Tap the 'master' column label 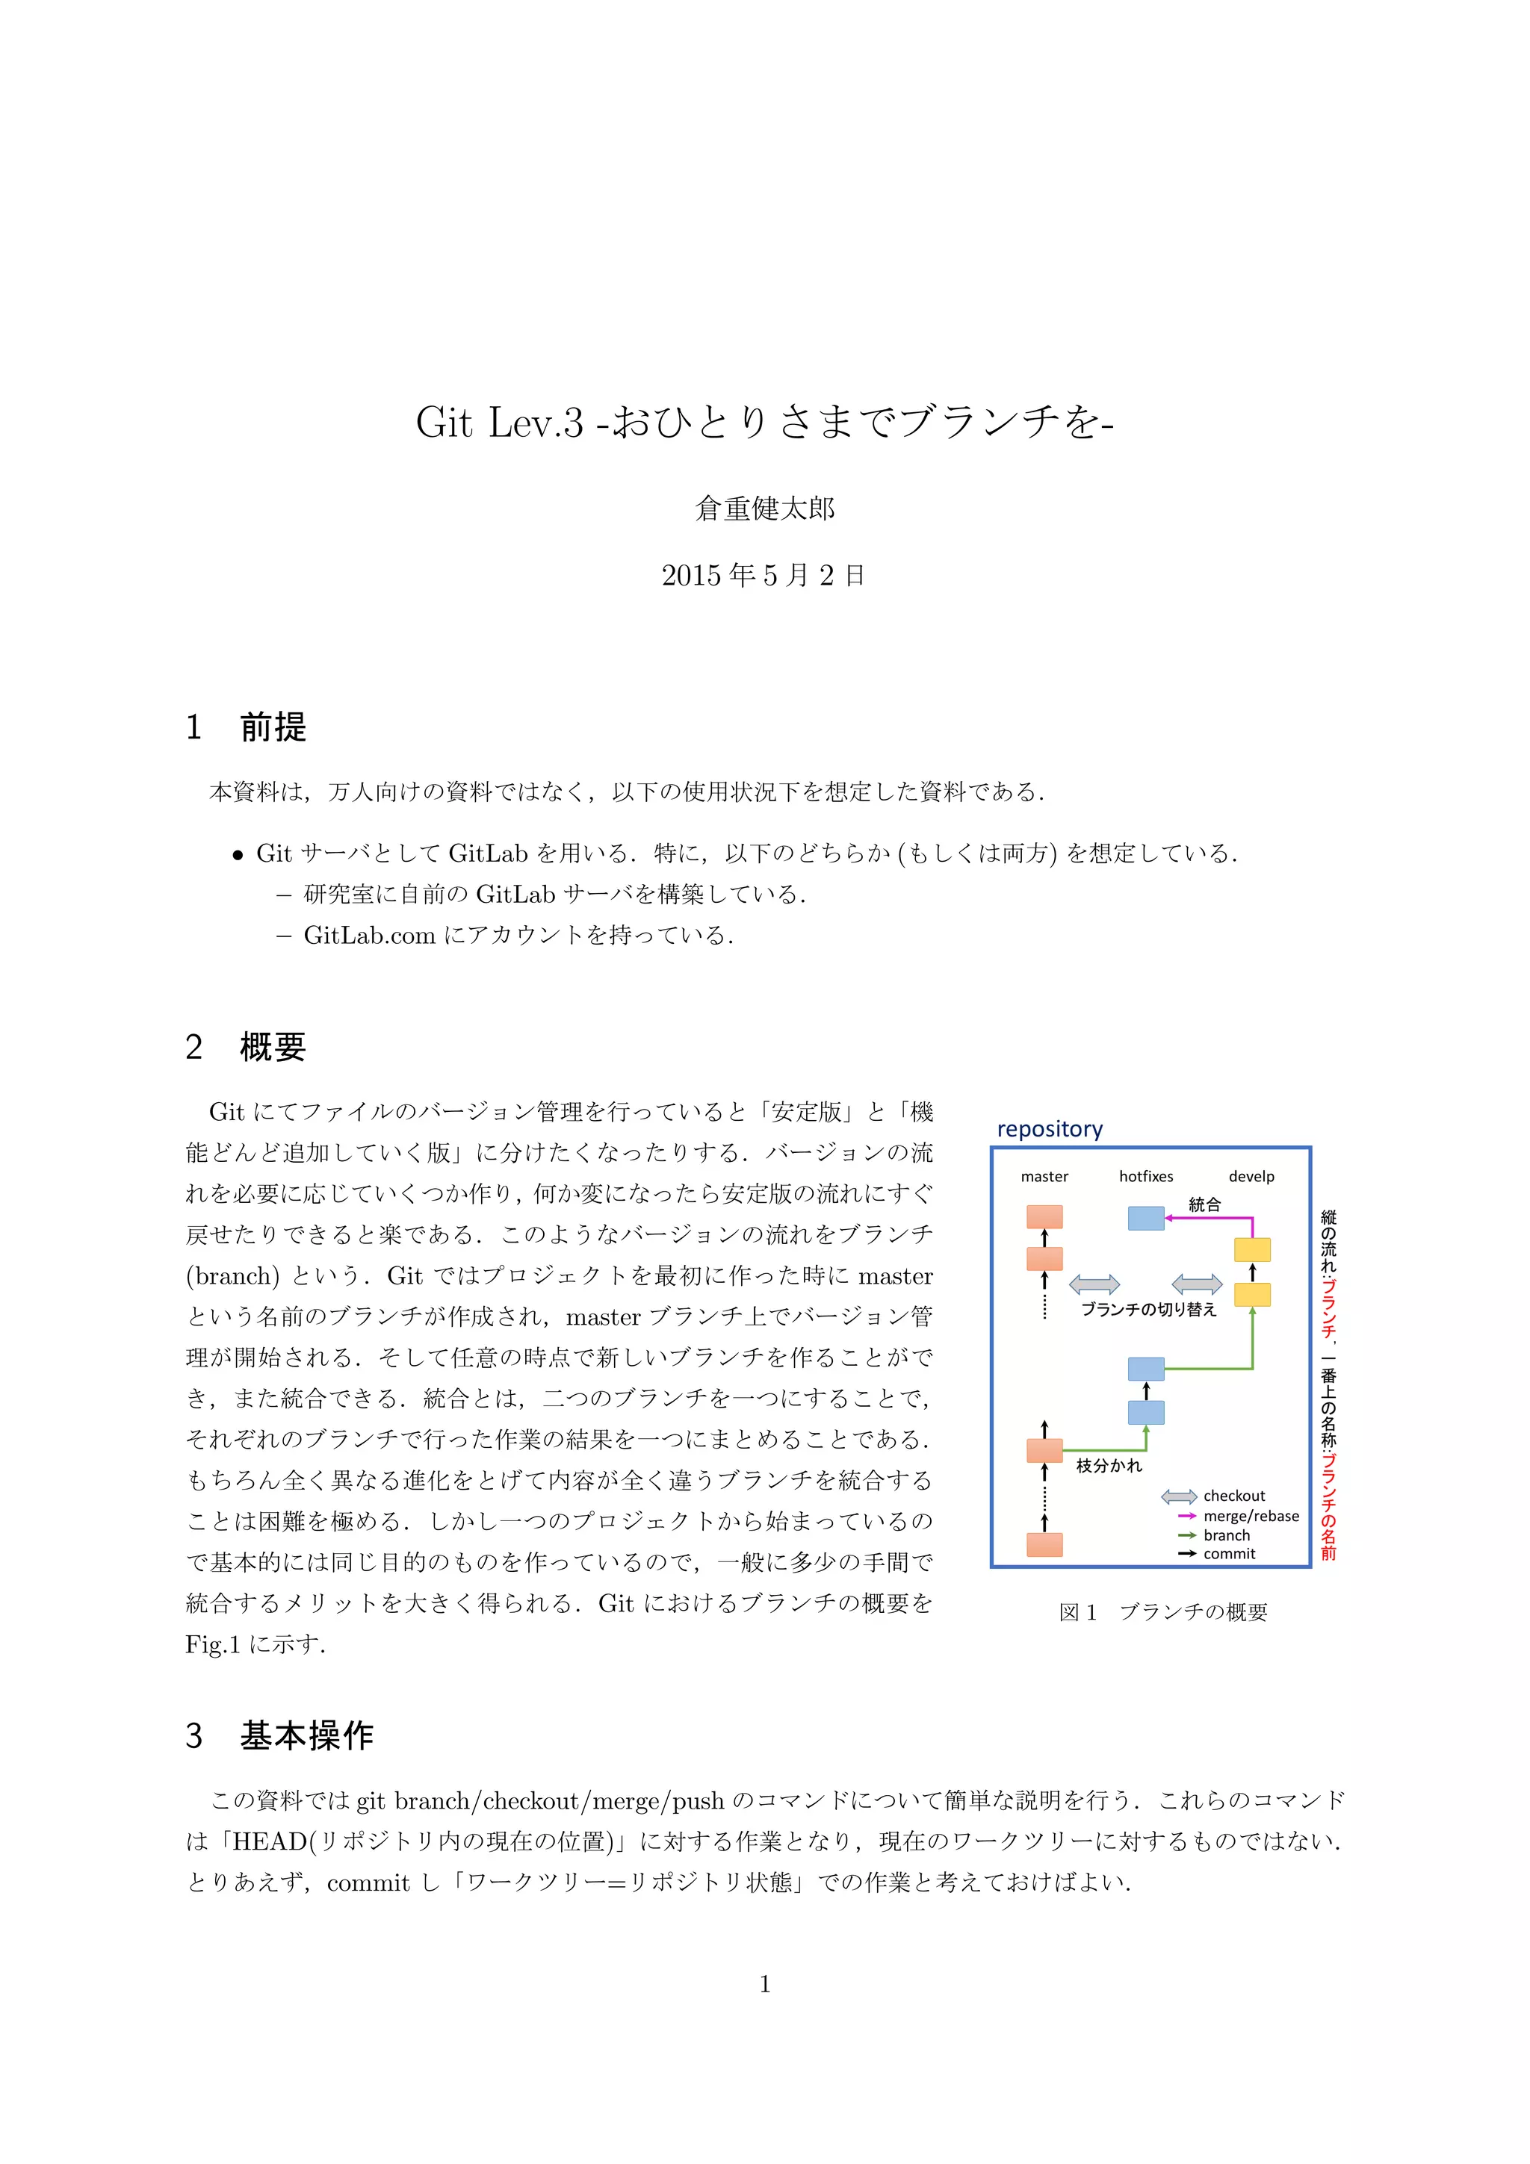pos(1044,1176)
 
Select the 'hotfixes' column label pos(1145,1176)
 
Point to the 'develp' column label pos(1251,1176)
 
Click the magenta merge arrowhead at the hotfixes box pos(1169,1219)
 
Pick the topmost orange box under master pos(1044,1216)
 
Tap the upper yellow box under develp pos(1252,1250)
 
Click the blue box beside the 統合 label pos(1145,1219)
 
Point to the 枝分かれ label pos(1109,1466)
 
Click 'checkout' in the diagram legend pos(1234,1496)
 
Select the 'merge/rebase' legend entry pos(1251,1516)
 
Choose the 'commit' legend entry pos(1229,1553)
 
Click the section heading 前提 pos(273,727)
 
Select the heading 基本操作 pos(306,1735)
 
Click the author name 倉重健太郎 pos(764,509)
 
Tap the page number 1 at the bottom pos(764,1984)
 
